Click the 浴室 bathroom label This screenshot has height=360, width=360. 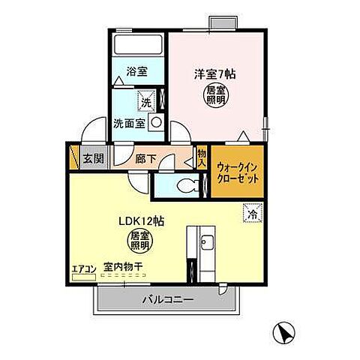click(136, 72)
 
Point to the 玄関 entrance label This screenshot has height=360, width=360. click(94, 159)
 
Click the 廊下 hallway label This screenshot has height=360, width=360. click(147, 159)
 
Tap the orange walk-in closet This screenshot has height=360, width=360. click(238, 174)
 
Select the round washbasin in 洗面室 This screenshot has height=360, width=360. click(156, 122)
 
